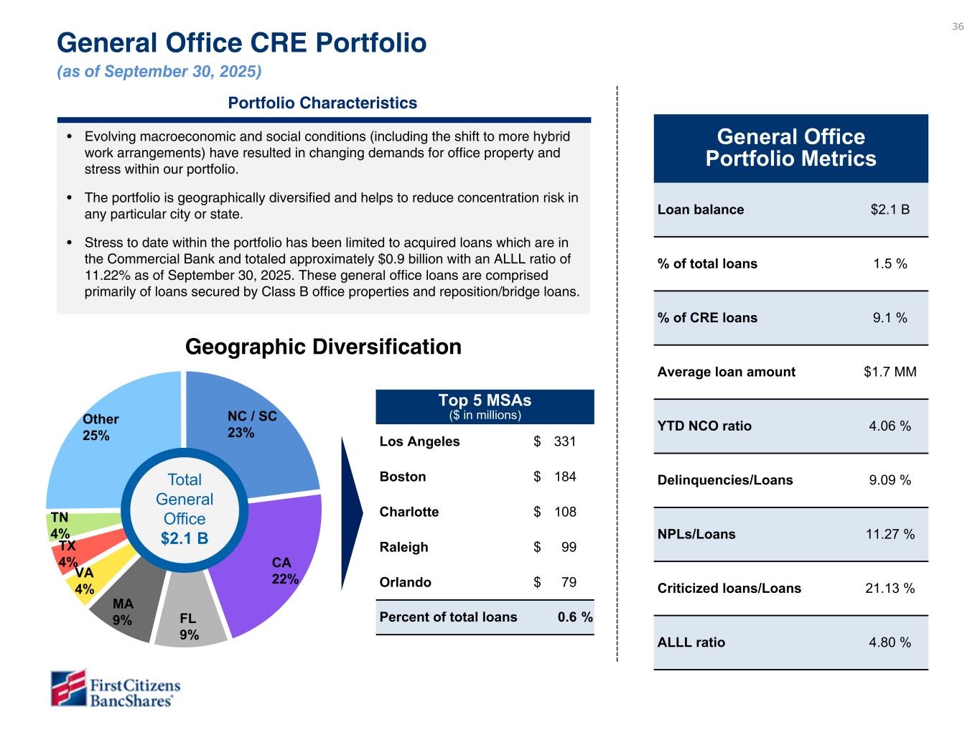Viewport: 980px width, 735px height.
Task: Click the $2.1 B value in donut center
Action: [x=185, y=538]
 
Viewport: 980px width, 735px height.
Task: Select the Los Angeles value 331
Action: [x=564, y=441]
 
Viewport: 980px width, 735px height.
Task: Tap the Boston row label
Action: [x=403, y=477]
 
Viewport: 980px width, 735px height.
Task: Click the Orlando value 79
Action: [x=568, y=582]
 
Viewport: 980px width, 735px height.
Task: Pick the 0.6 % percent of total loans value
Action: [x=575, y=617]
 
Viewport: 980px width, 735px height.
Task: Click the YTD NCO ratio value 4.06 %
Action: [x=890, y=426]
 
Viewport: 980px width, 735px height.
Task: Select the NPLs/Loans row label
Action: [x=696, y=534]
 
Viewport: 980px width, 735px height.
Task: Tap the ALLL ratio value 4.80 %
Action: [x=890, y=642]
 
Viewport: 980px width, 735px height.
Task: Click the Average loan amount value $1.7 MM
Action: [x=890, y=372]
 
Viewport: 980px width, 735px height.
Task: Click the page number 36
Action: [x=958, y=27]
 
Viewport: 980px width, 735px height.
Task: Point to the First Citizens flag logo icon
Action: [x=68, y=688]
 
